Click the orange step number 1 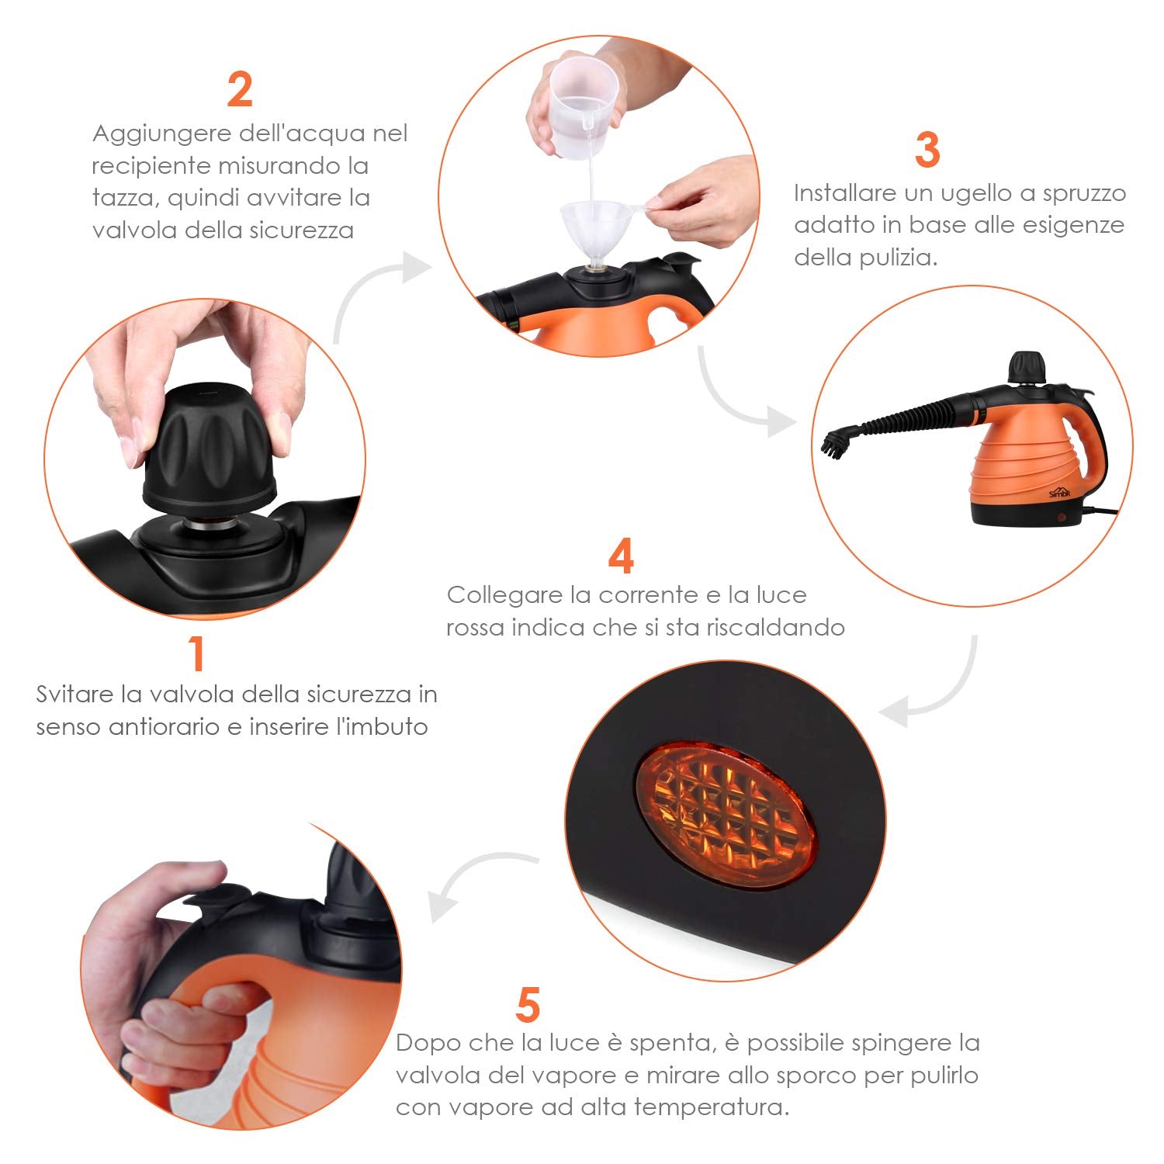[197, 653]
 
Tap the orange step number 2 [240, 90]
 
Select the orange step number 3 [927, 149]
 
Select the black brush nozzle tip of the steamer [836, 443]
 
